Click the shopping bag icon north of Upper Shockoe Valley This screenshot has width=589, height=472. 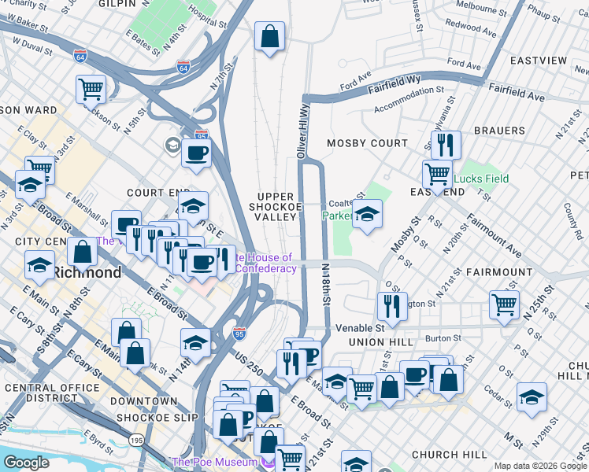point(269,36)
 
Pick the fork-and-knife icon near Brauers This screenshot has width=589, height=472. point(446,145)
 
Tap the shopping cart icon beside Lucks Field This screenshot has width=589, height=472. point(437,174)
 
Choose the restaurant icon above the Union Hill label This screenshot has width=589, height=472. point(391,306)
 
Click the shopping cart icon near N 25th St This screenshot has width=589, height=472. point(504,304)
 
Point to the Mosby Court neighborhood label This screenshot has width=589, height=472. point(367,143)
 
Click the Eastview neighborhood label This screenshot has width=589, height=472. point(538,61)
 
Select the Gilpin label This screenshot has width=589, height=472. point(118,4)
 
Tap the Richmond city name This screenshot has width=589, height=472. point(87,273)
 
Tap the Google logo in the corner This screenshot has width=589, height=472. point(26,463)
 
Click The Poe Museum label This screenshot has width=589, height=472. point(214,462)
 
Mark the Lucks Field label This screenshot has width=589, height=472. point(481,179)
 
